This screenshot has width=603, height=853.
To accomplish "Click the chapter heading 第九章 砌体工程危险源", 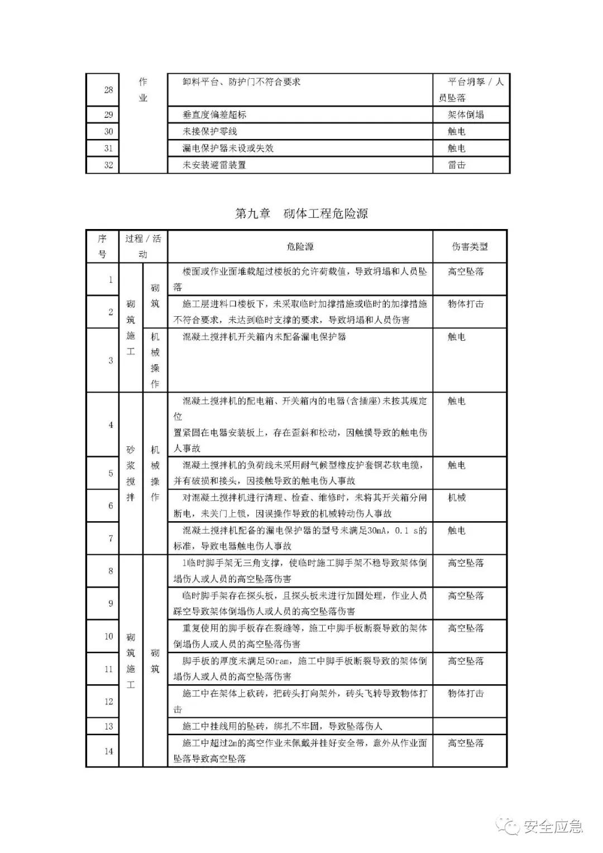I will [301, 213].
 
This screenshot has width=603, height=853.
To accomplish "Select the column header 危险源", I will [300, 246].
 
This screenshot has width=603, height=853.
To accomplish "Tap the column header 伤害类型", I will [470, 246].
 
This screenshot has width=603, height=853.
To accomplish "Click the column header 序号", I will [102, 246].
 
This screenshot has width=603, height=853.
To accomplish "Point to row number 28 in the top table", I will [108, 89].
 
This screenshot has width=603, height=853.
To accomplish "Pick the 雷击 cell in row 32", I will [457, 165].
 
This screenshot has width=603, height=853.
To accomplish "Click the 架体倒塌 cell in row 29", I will [466, 115].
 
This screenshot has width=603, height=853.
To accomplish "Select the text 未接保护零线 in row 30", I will [210, 131].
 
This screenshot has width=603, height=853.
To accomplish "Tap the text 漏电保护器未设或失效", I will [228, 148].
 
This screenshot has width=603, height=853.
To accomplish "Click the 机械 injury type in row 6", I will [457, 498].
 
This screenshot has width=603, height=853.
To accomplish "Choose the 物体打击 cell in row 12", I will [466, 693].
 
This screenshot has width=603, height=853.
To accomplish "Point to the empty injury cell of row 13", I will [470, 726].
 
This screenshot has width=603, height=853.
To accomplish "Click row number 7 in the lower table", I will [110, 539].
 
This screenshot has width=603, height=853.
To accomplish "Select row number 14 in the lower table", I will [108, 751].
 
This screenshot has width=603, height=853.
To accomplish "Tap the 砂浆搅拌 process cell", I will [131, 473].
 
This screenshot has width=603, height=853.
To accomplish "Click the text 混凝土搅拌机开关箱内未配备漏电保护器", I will [264, 337].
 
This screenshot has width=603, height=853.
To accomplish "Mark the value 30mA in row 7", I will [380, 531].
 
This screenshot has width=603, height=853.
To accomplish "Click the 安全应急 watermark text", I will [553, 826].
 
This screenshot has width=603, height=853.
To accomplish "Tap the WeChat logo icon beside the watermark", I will [509, 826].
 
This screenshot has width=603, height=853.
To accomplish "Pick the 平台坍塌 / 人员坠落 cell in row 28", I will [471, 89].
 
